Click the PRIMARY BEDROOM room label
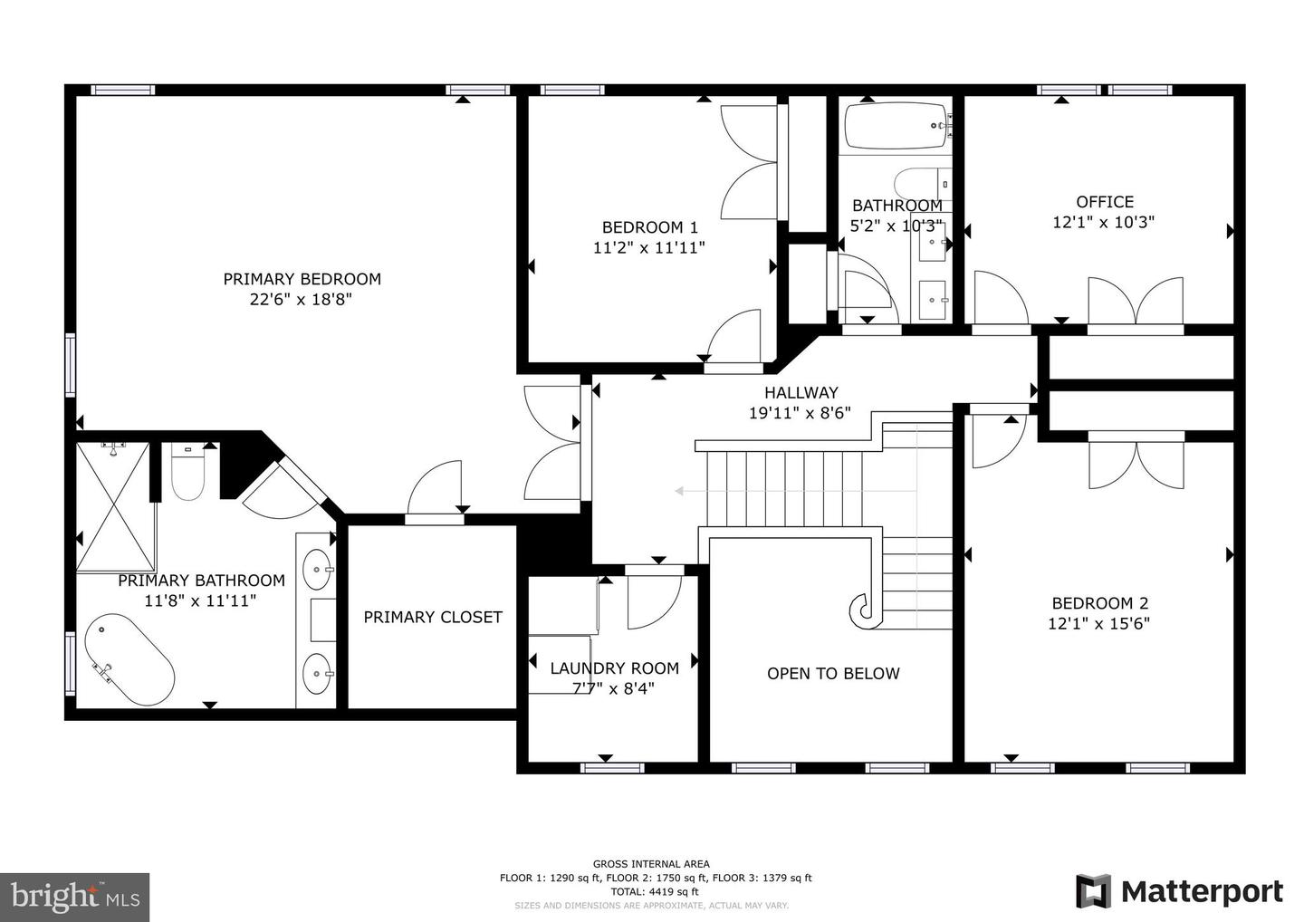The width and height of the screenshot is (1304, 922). (302, 279)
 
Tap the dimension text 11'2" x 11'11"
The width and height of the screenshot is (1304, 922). (649, 247)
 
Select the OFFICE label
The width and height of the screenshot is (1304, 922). (1105, 202)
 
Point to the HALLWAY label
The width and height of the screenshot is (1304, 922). (801, 392)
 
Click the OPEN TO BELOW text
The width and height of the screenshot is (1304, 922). (833, 674)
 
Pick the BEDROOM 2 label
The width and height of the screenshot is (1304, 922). (1100, 603)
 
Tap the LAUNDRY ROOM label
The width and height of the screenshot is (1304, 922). (615, 668)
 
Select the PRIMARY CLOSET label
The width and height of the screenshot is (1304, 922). (433, 617)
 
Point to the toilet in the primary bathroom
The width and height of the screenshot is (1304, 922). (188, 471)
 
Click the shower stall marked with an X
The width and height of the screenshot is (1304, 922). (116, 506)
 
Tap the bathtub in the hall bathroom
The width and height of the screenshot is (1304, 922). (897, 126)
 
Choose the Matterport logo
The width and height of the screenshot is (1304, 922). (1179, 891)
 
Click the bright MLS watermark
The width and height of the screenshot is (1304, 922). (74, 897)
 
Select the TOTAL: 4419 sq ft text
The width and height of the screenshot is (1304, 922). (655, 891)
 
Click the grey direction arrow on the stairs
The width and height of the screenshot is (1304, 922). (796, 491)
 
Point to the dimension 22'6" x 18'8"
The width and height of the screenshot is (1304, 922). (301, 299)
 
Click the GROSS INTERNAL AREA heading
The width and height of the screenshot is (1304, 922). (651, 864)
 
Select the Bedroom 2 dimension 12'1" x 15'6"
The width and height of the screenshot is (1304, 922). (1099, 623)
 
